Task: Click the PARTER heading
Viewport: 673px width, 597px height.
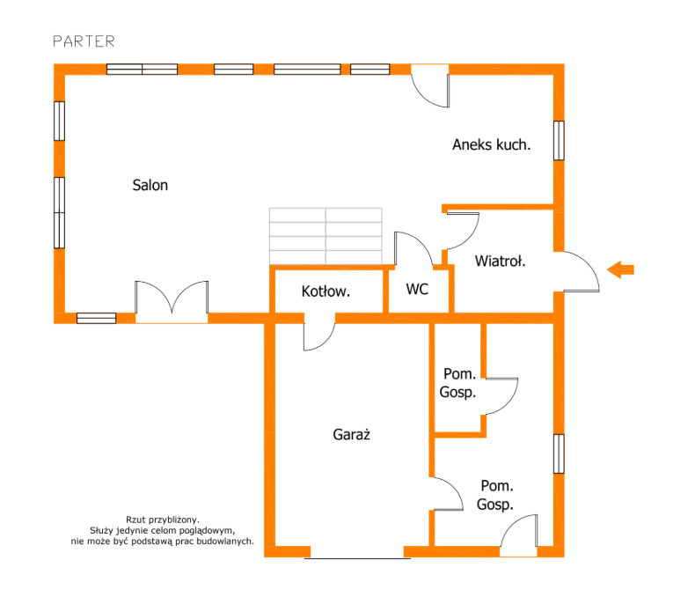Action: (x=84, y=41)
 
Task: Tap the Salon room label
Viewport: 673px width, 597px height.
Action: (x=150, y=185)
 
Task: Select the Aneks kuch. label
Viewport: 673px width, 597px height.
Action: (x=492, y=144)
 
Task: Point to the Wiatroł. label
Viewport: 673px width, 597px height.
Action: (x=500, y=261)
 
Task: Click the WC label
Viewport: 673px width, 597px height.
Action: (x=417, y=289)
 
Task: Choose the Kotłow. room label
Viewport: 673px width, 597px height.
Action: (x=326, y=291)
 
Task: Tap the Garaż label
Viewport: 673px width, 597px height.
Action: (x=352, y=435)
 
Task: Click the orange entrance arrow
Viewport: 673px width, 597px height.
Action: (x=620, y=269)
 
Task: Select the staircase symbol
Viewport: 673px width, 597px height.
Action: (x=326, y=236)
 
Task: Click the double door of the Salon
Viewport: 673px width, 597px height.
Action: (x=172, y=301)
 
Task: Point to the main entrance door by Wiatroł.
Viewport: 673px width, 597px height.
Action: (x=582, y=271)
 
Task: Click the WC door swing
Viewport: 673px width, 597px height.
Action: (x=413, y=248)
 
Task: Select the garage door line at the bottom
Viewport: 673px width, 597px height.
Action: (x=357, y=558)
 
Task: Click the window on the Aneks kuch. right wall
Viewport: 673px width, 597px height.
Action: (x=559, y=141)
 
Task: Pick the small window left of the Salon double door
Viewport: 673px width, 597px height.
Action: (x=96, y=318)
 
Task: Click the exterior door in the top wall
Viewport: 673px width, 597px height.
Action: (x=430, y=85)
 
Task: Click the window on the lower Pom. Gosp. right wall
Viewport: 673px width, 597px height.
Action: (x=559, y=454)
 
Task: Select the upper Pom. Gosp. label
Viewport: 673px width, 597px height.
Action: (x=458, y=383)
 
